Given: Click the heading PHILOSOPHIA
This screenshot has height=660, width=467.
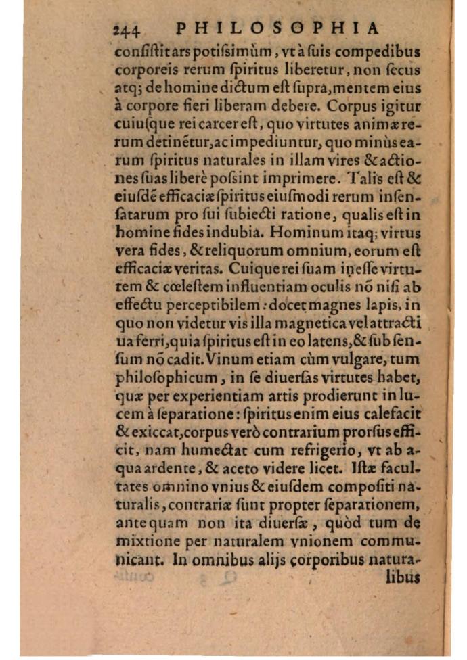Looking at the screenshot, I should [x=276, y=28].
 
